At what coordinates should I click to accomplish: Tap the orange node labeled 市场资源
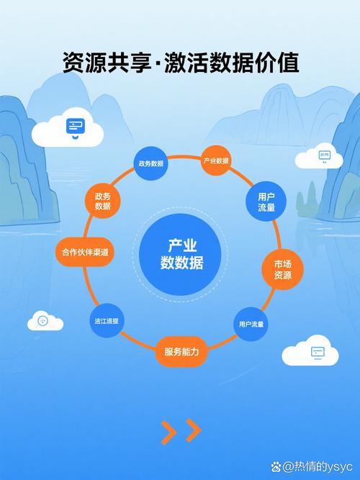[x=282, y=269]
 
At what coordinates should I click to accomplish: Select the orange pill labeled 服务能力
[x=181, y=352]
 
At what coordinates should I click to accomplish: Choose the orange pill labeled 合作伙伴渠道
[x=85, y=253]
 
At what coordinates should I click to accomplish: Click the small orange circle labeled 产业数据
[x=215, y=160]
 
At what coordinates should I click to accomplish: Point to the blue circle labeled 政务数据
[x=151, y=163]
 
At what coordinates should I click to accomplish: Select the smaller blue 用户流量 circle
[x=251, y=324]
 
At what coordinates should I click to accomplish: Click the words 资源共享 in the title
[x=93, y=63]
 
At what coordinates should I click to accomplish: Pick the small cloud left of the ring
[x=45, y=320]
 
